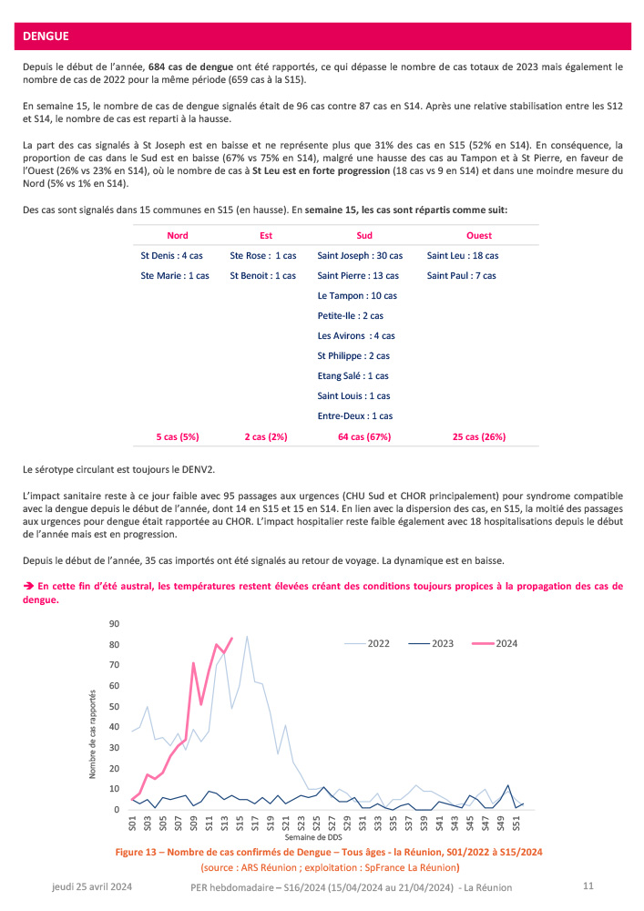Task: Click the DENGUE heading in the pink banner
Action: (x=46, y=37)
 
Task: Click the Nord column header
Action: (x=178, y=235)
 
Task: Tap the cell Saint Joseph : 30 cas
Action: (x=360, y=256)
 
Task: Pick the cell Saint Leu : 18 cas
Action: (x=463, y=256)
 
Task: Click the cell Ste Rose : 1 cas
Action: (x=263, y=256)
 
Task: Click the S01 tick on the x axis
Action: (x=133, y=824)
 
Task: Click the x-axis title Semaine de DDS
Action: (x=316, y=836)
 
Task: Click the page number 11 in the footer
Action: (x=588, y=886)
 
